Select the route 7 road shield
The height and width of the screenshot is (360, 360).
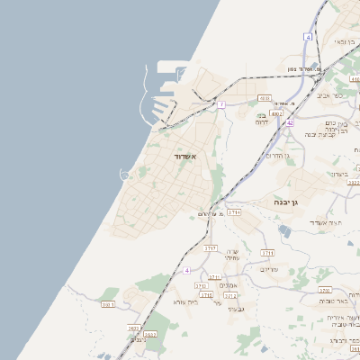221,104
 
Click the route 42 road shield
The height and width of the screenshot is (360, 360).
291,123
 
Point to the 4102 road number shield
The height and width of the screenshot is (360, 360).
277,114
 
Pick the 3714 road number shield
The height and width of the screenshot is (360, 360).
234,211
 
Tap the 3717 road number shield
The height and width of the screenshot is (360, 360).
211,246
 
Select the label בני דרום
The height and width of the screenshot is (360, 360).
262,120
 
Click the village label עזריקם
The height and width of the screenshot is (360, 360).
269,269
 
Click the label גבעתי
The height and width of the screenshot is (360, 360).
236,309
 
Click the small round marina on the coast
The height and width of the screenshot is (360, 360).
124,173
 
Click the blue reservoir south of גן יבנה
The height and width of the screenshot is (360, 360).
285,231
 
